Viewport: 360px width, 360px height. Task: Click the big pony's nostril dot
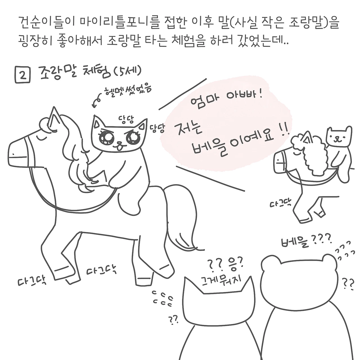13,154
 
